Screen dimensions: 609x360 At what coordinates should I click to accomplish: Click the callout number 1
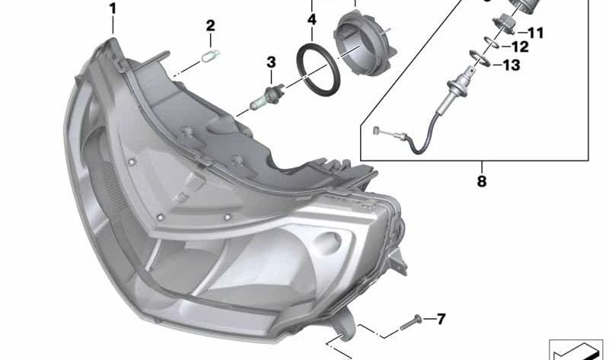click(x=113, y=9)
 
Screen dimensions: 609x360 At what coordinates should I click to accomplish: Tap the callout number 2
click(x=210, y=26)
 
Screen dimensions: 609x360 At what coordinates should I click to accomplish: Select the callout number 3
click(x=271, y=62)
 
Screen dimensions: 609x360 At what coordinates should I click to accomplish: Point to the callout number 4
click(x=312, y=20)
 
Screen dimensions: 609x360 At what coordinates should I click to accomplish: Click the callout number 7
click(x=441, y=319)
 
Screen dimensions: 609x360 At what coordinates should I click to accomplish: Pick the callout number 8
click(x=482, y=181)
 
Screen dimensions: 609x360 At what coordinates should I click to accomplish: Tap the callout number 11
click(x=536, y=33)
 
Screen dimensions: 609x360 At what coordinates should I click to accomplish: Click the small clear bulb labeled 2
click(x=211, y=56)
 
